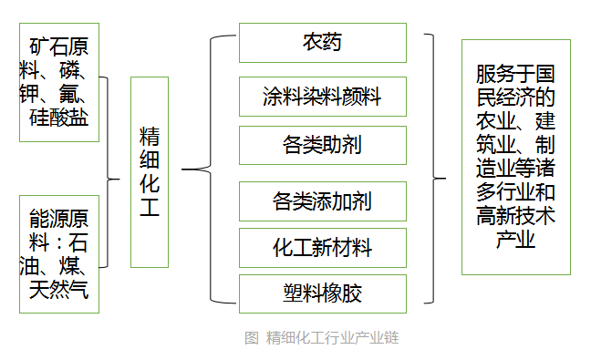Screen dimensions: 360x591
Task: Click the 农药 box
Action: point(322,43)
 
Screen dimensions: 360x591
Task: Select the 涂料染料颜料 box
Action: point(322,96)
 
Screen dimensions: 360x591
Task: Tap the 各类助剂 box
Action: point(322,145)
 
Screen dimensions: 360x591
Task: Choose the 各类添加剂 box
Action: point(322,199)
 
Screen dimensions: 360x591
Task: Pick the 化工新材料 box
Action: point(322,246)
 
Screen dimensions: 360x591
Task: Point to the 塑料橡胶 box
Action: point(322,293)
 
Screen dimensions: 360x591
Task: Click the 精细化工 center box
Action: point(149,171)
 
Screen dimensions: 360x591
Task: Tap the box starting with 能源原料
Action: point(59,253)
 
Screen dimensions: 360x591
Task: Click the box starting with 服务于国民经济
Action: point(515,157)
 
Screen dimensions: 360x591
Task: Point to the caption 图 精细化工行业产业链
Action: point(321,338)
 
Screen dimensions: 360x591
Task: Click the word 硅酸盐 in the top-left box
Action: point(59,117)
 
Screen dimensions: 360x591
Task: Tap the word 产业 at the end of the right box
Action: point(515,240)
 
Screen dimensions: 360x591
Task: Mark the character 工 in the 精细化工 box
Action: point(149,207)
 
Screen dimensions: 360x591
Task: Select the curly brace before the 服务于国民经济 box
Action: point(436,170)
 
